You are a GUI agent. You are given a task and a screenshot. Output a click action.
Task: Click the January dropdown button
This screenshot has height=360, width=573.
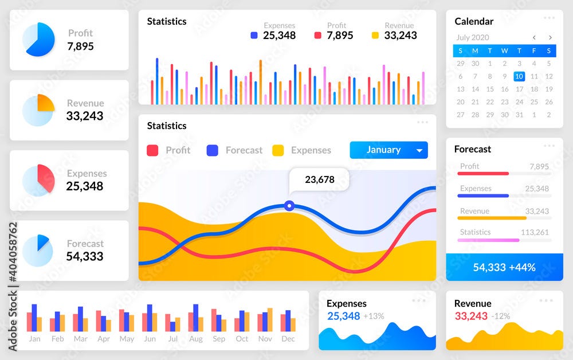(x=388, y=150)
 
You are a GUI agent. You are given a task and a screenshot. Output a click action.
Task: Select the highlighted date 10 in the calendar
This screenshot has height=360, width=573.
(x=519, y=76)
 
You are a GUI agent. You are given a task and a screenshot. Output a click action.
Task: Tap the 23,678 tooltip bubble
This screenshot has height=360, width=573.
(x=319, y=179)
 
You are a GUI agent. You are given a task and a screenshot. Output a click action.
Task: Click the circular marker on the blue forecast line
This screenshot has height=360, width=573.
(x=289, y=205)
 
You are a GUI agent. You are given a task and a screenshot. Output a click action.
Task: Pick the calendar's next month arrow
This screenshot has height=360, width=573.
(x=550, y=38)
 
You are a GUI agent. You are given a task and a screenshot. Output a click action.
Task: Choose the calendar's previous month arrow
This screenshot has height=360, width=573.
(x=534, y=38)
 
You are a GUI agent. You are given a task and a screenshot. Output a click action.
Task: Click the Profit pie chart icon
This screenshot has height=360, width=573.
(x=38, y=40)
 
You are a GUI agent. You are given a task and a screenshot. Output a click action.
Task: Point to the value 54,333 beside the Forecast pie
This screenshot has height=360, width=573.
(x=85, y=256)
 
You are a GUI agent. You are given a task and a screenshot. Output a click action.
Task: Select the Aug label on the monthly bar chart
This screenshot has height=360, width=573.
(x=195, y=339)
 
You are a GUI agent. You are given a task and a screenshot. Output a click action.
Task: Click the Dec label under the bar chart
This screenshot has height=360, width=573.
(x=288, y=339)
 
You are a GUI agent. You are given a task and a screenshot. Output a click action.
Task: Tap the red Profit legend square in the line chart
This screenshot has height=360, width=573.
(x=152, y=150)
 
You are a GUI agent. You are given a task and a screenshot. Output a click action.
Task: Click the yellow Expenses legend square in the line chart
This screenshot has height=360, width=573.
(x=278, y=150)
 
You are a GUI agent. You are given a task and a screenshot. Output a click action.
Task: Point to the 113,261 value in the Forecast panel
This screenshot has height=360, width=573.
(x=535, y=232)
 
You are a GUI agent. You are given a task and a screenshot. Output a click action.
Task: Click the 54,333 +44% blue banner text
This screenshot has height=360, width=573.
(x=504, y=267)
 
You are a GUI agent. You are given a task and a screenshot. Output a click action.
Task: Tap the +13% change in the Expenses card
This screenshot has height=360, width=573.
(x=374, y=316)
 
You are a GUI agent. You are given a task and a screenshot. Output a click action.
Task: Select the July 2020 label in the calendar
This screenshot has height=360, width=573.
(x=472, y=38)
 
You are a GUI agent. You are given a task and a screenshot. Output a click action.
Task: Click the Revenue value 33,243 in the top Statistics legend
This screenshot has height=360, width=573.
(x=401, y=36)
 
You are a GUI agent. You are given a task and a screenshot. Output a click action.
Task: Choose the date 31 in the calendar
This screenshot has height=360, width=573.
(x=519, y=115)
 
